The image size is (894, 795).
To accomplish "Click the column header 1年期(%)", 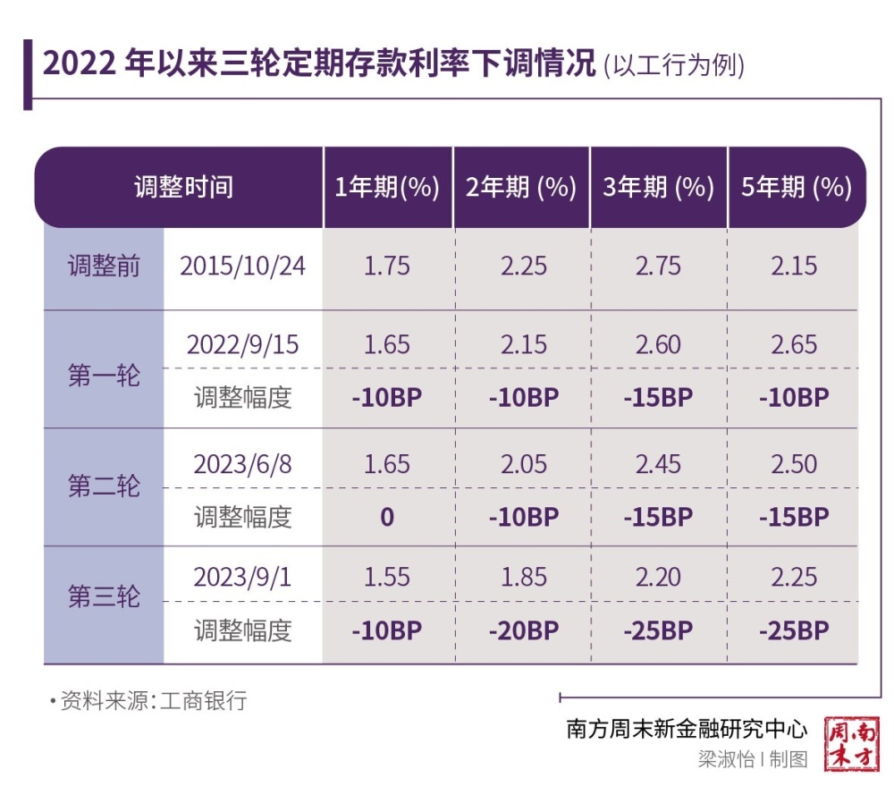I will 387,188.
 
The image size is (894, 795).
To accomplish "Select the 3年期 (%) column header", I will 658,188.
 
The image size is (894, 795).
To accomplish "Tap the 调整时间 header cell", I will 183,188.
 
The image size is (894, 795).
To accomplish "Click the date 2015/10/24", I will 242,266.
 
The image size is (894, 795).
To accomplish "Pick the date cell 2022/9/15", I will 242,344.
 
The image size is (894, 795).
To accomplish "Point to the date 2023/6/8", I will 242,464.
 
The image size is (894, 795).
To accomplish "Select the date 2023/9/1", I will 242,577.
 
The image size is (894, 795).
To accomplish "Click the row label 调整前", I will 105,266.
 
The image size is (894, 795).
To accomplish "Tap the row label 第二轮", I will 105,487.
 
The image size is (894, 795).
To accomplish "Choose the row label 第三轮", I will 105,597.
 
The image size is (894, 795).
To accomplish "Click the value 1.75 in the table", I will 387,266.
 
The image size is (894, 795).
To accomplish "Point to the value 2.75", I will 658,266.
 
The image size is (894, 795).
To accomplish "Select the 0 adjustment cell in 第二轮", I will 387,517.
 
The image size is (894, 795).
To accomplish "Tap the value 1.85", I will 524,577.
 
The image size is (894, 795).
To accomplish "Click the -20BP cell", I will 524,630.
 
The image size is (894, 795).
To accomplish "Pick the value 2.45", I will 658,464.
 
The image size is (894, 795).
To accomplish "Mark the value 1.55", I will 387,577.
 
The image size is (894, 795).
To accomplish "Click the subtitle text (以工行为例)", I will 674,66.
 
